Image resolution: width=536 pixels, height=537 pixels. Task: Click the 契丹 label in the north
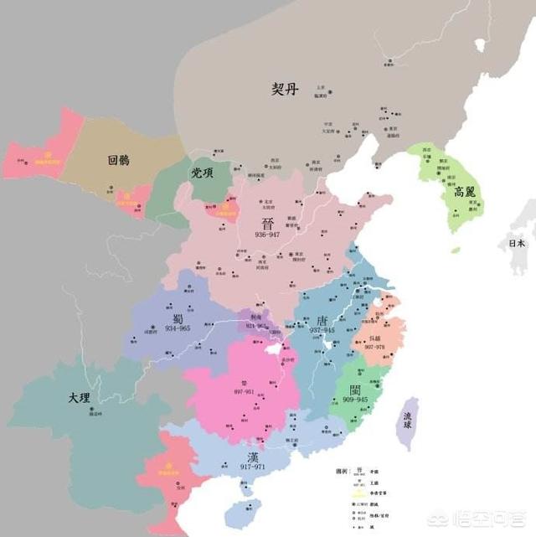point(284,89)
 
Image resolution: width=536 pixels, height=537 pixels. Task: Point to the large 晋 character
point(268,223)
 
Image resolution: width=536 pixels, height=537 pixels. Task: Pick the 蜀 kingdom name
point(178,318)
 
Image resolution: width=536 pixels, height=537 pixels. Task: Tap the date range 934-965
point(178,328)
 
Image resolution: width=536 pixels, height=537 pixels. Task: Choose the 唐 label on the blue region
point(322,321)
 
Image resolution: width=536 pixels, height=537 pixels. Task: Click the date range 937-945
point(322,332)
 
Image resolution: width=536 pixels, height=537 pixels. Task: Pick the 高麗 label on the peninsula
point(464,191)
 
